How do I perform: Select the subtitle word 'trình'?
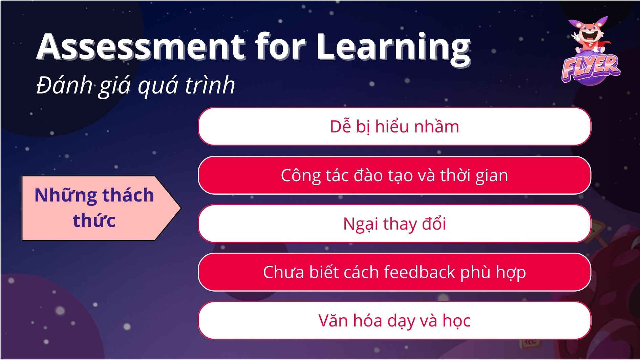[x=210, y=85]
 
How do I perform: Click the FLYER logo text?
[x=591, y=68]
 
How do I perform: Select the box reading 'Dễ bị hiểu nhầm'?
[x=394, y=126]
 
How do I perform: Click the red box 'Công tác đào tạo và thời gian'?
[x=394, y=175]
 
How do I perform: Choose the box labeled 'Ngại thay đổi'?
[x=394, y=224]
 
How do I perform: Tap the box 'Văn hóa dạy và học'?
[x=394, y=320]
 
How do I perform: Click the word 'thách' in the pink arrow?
[x=128, y=195]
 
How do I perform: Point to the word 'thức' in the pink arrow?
[x=94, y=220]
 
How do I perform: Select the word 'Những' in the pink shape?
[x=66, y=195]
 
